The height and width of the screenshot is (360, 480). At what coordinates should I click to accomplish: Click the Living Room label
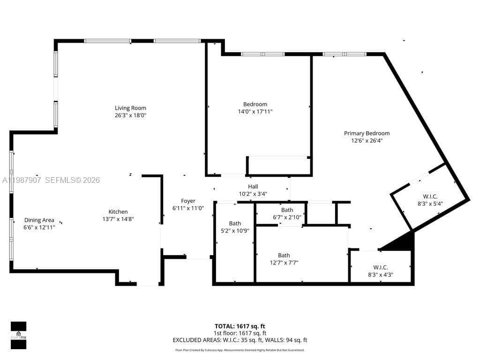click(130, 108)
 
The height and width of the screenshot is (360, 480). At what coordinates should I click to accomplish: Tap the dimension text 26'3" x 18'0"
click(130, 115)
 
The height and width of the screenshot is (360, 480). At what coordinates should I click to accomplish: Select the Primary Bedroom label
click(367, 134)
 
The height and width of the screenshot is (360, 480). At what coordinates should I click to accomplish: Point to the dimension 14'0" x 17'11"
click(255, 112)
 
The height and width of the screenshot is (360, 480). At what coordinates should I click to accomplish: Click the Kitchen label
click(118, 212)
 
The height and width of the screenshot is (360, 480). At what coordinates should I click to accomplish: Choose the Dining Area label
click(39, 220)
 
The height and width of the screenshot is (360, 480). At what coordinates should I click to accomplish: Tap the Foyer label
click(188, 201)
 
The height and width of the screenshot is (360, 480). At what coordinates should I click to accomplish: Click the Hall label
click(253, 187)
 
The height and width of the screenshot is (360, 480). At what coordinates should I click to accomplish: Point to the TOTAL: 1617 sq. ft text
click(240, 326)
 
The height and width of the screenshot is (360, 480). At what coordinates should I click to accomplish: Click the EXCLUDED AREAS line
click(240, 340)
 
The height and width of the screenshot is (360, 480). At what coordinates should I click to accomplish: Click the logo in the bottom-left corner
click(18, 335)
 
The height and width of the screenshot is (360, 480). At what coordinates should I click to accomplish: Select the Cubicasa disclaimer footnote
click(240, 350)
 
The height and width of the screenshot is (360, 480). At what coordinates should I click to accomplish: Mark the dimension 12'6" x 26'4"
click(367, 141)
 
